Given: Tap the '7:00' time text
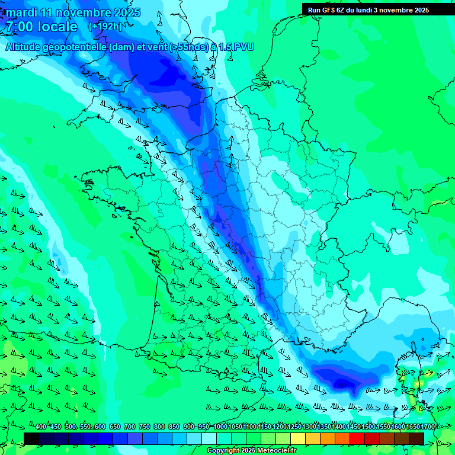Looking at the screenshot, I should (x=19, y=27).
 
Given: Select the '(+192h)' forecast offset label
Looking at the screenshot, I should (x=105, y=27).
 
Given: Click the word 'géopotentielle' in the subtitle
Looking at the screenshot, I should (x=75, y=47).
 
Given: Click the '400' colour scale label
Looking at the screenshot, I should (x=41, y=427).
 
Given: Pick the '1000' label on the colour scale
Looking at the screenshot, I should (x=220, y=427).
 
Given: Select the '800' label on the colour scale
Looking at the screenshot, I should (x=159, y=427).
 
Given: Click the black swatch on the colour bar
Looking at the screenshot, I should (x=31, y=438).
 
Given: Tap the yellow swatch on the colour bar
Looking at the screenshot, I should (x=298, y=438).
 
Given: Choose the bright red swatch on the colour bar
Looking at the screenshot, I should (x=357, y=438).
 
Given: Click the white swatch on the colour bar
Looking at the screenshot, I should (x=209, y=438).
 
